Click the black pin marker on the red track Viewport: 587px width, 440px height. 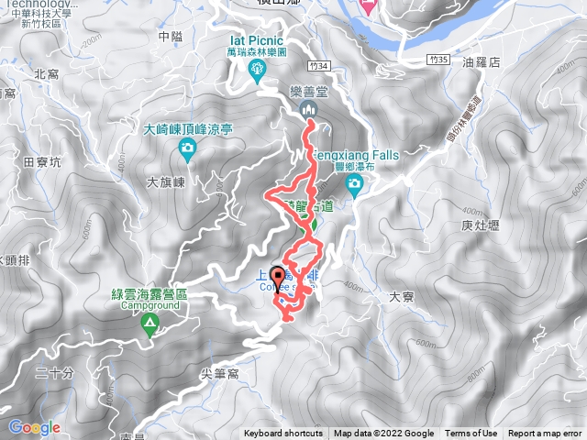[277, 279]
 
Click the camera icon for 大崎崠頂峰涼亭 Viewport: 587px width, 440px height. [187, 148]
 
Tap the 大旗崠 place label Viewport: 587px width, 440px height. [166, 182]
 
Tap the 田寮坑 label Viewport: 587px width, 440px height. [42, 162]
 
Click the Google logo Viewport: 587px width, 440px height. [34, 427]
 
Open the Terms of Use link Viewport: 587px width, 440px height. [471, 434]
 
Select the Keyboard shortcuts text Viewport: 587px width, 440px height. [283, 434]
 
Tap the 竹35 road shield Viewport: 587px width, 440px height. [441, 59]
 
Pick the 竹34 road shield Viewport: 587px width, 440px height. [318, 66]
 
